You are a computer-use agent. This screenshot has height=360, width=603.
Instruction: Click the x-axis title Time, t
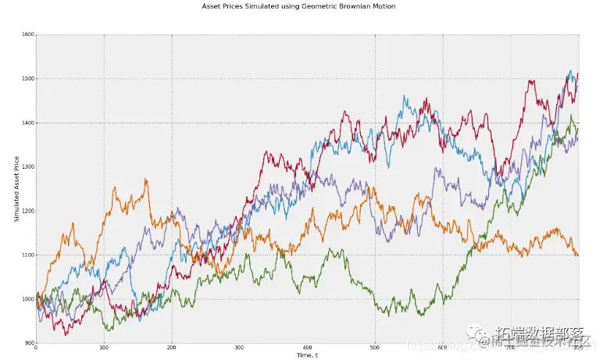coord(306,355)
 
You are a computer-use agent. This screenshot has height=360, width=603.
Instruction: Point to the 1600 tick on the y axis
coord(27,35)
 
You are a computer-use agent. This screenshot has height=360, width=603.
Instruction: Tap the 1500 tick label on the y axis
coord(27,79)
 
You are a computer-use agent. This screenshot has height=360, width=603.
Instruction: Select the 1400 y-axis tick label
coord(27,123)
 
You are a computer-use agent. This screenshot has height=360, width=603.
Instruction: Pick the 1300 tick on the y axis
coord(27,167)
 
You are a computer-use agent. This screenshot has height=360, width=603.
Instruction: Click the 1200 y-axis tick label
coord(27,211)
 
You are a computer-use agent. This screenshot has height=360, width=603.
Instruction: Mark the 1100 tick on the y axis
coord(27,255)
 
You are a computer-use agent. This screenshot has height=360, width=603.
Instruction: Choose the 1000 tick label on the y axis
coord(27,299)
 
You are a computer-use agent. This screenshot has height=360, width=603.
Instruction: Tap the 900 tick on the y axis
coord(29,343)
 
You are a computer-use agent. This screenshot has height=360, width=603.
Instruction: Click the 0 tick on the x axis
coord(36,348)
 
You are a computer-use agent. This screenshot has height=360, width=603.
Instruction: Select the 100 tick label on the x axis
coord(104,348)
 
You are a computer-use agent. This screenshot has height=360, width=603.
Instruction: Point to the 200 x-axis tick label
coord(172,348)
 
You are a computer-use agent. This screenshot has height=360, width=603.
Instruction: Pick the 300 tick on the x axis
coord(239,348)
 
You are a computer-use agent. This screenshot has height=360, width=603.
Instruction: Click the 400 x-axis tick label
coord(307,348)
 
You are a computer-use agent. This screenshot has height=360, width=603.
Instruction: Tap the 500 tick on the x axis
coord(375,348)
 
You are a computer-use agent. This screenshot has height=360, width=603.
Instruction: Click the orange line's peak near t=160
coord(145,180)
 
